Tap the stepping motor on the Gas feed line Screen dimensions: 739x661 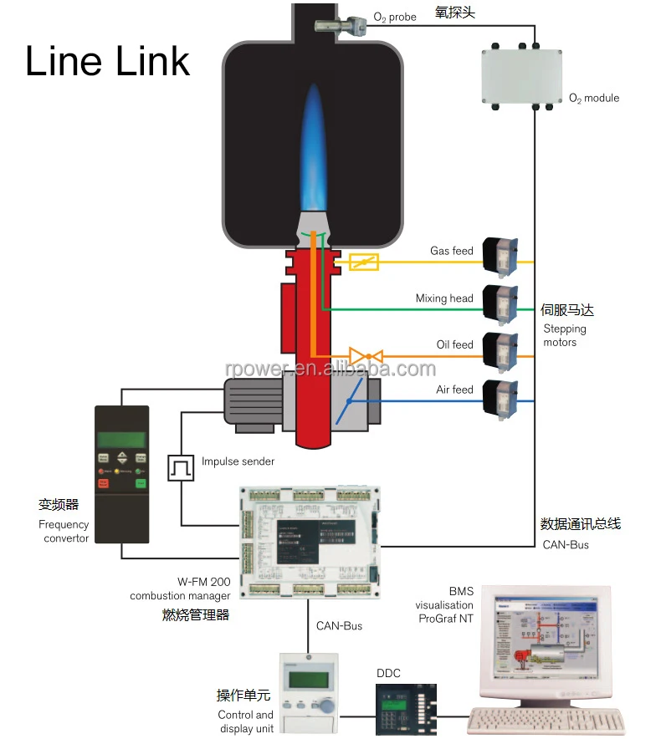pos(501,257)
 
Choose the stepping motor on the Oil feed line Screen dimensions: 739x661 pos(501,352)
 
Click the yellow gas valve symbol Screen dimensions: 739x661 pos(363,262)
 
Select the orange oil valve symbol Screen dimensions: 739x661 pos(366,357)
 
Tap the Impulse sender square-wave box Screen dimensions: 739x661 pos(181,467)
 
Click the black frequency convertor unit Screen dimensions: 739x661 pos(122,472)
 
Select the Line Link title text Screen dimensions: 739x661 pos(107,61)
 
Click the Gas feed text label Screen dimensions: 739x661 pos(451,251)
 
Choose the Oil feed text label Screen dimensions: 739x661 pos(454,344)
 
